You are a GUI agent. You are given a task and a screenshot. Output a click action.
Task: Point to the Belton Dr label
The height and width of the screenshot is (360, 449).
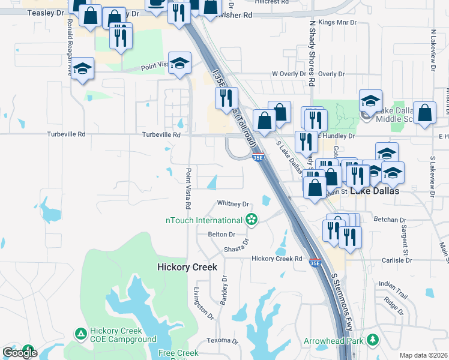[x=221, y=235]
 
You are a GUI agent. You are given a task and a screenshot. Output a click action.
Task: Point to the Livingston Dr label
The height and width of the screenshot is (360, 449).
[x=202, y=303]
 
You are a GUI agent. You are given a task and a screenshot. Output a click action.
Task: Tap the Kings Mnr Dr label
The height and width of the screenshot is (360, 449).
[x=337, y=22]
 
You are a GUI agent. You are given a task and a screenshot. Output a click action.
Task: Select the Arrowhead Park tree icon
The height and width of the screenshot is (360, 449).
[x=373, y=340]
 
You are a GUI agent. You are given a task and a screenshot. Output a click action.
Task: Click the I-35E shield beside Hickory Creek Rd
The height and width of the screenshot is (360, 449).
[x=315, y=262]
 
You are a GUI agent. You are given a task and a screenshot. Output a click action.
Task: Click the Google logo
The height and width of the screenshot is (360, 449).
[x=20, y=353]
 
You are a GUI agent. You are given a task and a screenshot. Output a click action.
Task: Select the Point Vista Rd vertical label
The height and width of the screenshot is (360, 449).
[x=188, y=188]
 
